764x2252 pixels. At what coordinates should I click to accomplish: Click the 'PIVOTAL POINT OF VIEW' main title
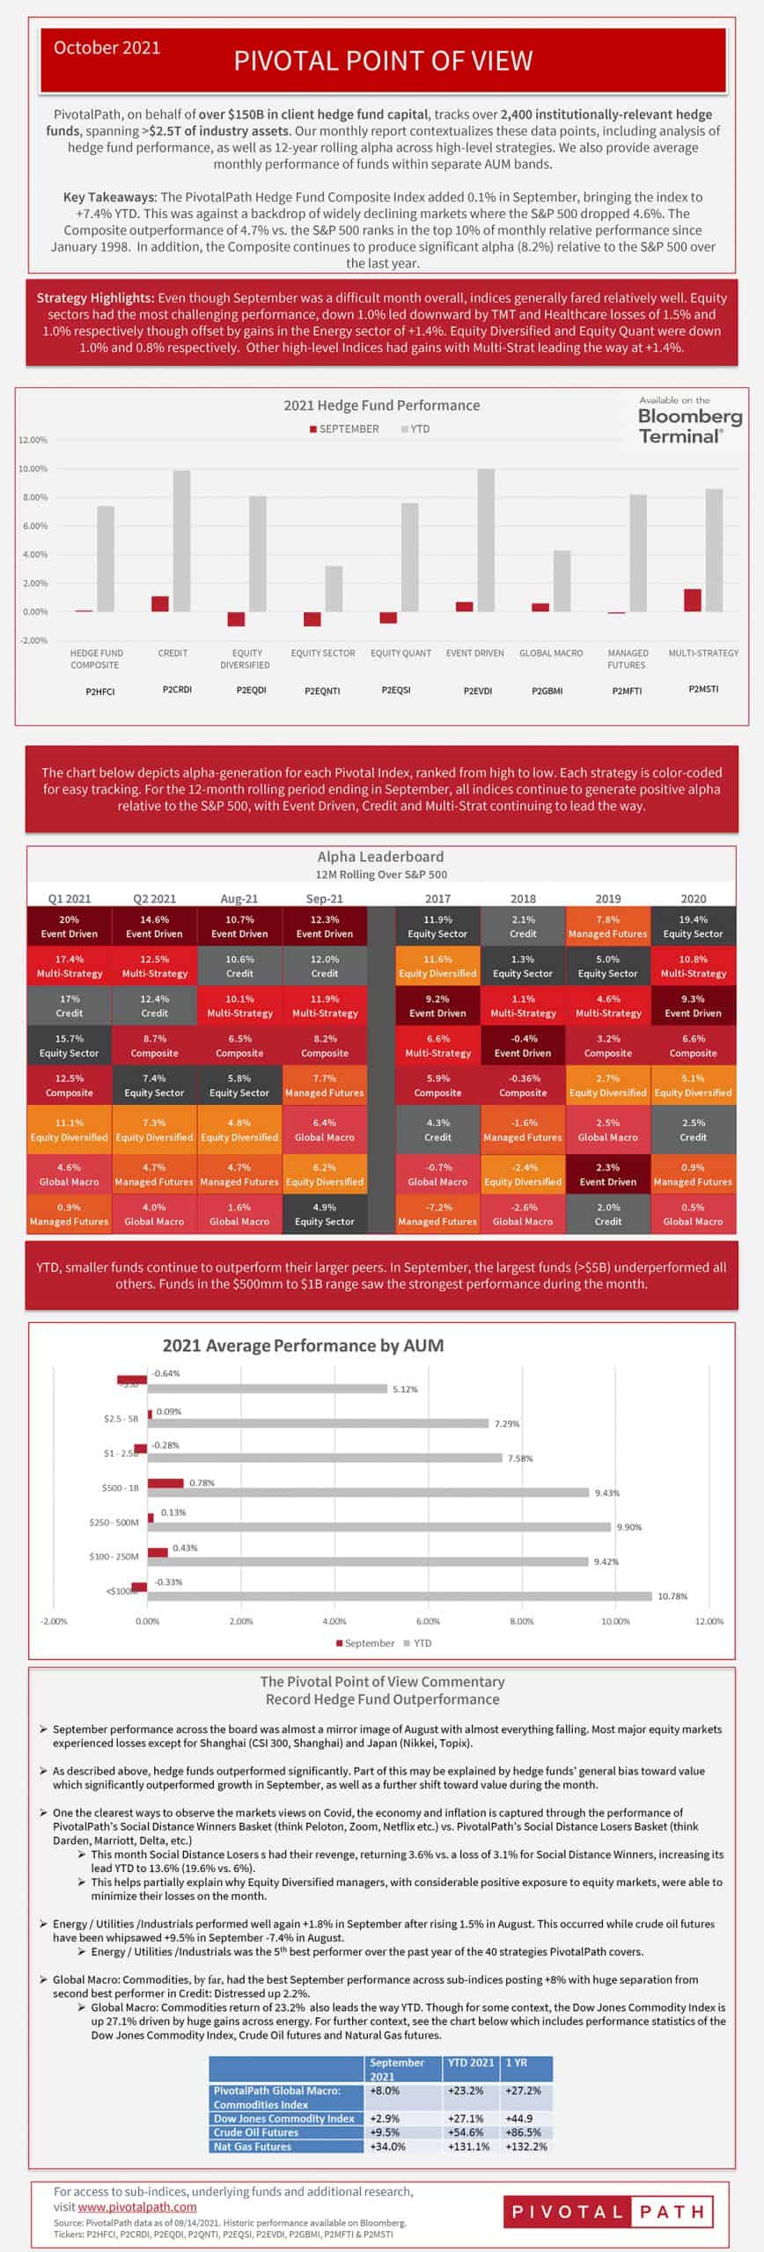click(x=383, y=61)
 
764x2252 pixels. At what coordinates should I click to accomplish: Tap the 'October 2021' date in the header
click(x=107, y=48)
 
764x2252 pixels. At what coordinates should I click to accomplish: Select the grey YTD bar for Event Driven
click(x=486, y=540)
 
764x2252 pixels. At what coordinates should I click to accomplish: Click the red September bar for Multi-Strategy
click(x=693, y=600)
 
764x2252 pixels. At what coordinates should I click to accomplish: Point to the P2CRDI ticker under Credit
click(x=177, y=690)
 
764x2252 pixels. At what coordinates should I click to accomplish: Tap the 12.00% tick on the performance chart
click(x=33, y=440)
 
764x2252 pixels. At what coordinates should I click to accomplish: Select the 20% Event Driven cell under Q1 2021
click(x=70, y=926)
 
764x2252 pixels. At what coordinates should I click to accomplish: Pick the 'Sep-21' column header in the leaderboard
click(x=325, y=898)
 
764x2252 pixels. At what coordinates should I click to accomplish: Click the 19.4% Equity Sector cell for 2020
click(x=693, y=926)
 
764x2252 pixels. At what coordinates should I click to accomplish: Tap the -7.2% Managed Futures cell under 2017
click(x=437, y=1214)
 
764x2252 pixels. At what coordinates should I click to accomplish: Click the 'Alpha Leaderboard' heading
click(x=380, y=856)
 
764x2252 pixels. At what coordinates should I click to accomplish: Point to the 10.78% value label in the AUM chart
click(x=672, y=1596)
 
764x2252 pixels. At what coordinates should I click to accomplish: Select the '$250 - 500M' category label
click(x=114, y=1522)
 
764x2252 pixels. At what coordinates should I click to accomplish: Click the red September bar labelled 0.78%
click(x=165, y=1483)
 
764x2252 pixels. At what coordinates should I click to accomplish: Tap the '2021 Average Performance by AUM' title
click(x=303, y=1345)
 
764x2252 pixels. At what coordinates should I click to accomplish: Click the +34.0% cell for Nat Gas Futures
click(x=388, y=2146)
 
